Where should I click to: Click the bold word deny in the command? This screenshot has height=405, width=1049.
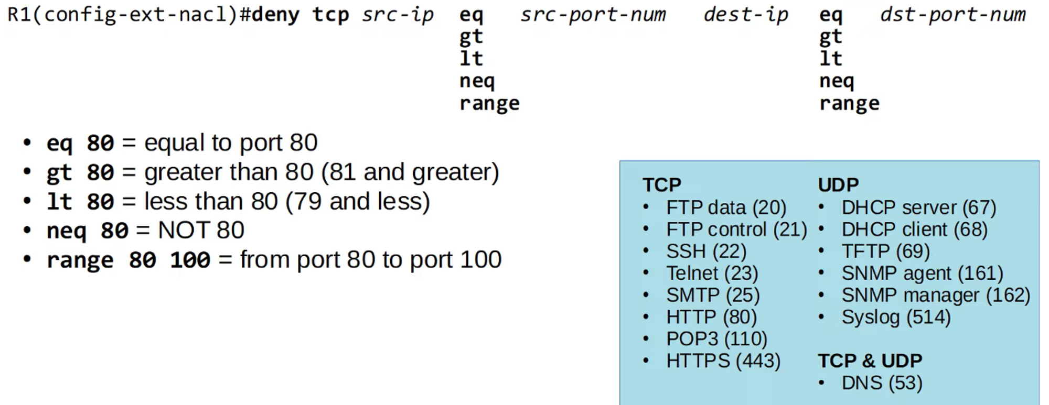pyautogui.click(x=275, y=15)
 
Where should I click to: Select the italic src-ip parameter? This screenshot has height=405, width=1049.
pyautogui.click(x=398, y=15)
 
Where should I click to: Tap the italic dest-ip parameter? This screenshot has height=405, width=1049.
pyautogui.click(x=745, y=15)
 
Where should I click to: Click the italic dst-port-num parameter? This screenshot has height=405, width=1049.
pyautogui.click(x=952, y=15)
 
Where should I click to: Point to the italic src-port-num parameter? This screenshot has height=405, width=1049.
pyautogui.click(x=593, y=15)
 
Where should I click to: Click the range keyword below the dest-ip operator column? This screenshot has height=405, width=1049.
pyautogui.click(x=849, y=103)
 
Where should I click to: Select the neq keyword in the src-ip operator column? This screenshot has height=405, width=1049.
pyautogui.click(x=477, y=81)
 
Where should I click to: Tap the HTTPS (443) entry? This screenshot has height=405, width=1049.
pyautogui.click(x=723, y=361)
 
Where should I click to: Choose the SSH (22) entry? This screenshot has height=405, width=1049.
pyautogui.click(x=706, y=251)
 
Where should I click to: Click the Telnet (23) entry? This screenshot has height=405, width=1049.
pyautogui.click(x=712, y=273)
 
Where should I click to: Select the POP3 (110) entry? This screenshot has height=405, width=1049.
pyautogui.click(x=716, y=339)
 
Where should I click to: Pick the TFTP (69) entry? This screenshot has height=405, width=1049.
pyautogui.click(x=885, y=251)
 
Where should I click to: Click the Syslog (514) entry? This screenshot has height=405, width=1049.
pyautogui.click(x=896, y=317)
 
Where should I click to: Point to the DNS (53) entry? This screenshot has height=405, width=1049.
pyautogui.click(x=882, y=383)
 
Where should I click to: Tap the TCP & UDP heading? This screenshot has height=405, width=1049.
pyautogui.click(x=870, y=360)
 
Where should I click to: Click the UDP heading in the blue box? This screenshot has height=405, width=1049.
pyautogui.click(x=838, y=184)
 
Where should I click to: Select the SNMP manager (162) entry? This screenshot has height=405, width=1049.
pyautogui.click(x=936, y=295)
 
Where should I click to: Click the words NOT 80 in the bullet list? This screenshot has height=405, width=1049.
pyautogui.click(x=201, y=230)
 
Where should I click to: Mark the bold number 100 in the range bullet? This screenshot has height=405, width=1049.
pyautogui.click(x=190, y=260)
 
